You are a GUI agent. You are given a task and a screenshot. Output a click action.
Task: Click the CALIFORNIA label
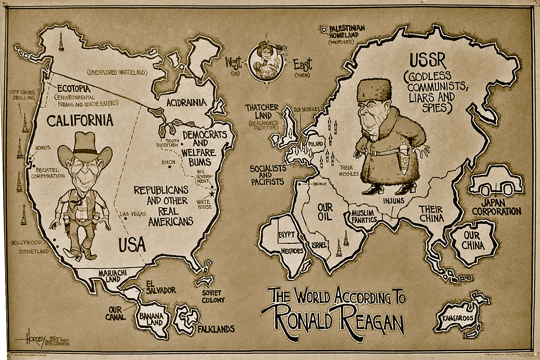[80, 120]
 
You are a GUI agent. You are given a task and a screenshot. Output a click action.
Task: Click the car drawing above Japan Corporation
[495, 182]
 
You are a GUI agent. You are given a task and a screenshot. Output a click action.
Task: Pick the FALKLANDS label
[216, 328]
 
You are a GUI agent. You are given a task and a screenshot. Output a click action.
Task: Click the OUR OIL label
[325, 212]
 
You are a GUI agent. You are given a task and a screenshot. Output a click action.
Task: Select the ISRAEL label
[318, 245]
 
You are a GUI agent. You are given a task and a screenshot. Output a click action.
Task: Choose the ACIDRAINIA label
[186, 102]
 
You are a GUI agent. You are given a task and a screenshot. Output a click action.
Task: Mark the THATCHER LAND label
[261, 112]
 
